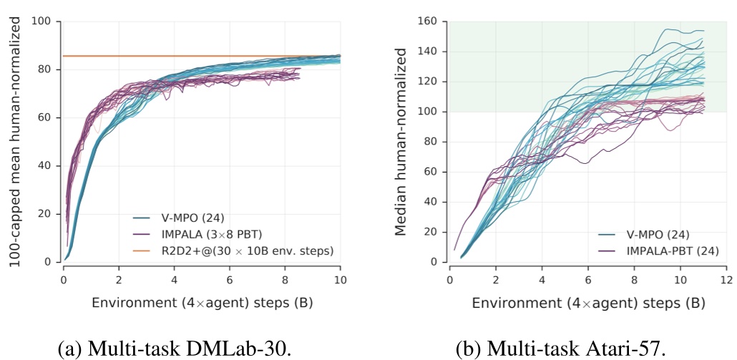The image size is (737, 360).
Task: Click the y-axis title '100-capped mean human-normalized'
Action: click(15, 142)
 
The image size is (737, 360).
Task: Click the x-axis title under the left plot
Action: click(202, 303)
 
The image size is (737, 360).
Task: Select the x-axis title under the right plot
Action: click(587, 303)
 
